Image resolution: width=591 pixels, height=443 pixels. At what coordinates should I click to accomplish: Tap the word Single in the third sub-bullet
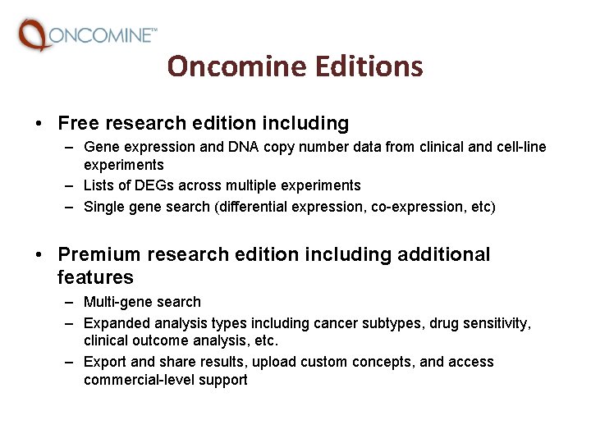pyautogui.click(x=104, y=207)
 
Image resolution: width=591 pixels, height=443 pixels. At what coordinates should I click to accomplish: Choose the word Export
pyautogui.click(x=104, y=362)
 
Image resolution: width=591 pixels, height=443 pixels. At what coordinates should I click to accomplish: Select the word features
pyautogui.click(x=95, y=277)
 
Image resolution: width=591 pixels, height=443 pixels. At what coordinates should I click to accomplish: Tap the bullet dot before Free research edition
pyautogui.click(x=39, y=125)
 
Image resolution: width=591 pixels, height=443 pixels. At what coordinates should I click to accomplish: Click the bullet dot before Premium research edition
pyautogui.click(x=39, y=256)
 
